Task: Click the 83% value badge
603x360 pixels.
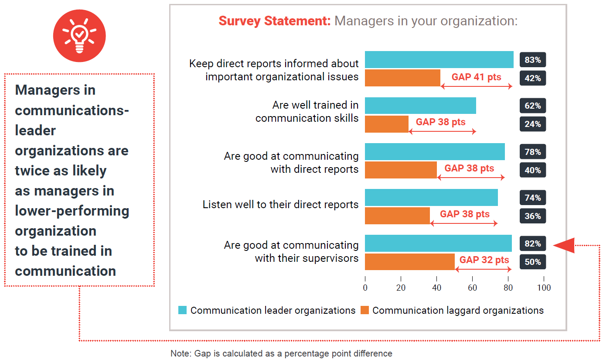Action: tap(532, 60)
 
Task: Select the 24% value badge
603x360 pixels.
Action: tap(532, 124)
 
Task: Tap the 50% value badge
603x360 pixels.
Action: tap(532, 262)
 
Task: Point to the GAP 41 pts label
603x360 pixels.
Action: tap(476, 77)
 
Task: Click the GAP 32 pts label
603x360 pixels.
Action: tap(484, 260)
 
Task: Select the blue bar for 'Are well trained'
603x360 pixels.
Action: tap(420, 106)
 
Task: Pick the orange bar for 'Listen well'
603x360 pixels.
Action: tap(397, 216)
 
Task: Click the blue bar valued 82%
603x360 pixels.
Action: tap(438, 243)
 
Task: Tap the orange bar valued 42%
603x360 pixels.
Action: tap(402, 78)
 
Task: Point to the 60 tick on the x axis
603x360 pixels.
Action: tap(472, 288)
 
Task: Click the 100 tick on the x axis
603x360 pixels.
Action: tap(544, 288)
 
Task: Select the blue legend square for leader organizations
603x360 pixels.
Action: tap(183, 310)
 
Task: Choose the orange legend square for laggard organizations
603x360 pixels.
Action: tap(365, 310)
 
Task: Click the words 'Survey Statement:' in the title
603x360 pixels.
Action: tap(275, 21)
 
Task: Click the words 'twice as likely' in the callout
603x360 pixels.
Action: tap(61, 171)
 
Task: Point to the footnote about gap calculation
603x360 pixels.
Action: tap(281, 353)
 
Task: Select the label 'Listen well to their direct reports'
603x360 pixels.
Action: tap(280, 204)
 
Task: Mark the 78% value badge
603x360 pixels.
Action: tap(532, 152)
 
